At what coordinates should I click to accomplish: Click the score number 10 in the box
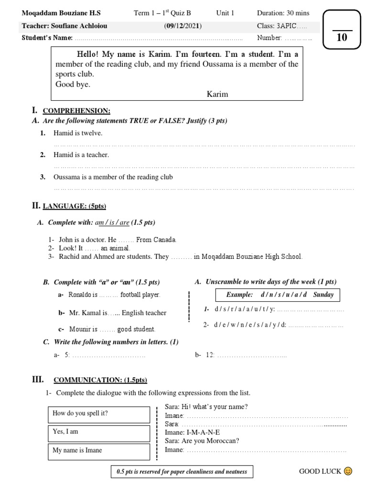pyautogui.click(x=342, y=38)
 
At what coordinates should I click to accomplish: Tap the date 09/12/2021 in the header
pyautogui.click(x=183, y=26)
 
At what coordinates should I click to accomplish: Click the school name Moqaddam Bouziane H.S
pyautogui.click(x=62, y=13)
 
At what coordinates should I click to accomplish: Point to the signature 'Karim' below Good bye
pyautogui.click(x=217, y=94)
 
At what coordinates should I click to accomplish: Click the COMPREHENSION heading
pyautogui.click(x=76, y=111)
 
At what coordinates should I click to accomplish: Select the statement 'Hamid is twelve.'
pyautogui.click(x=78, y=133)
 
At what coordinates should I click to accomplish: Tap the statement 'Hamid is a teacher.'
pyautogui.click(x=81, y=155)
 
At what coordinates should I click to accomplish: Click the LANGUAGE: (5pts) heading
pyautogui.click(x=74, y=206)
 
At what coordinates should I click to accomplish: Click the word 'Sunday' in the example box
pyautogui.click(x=324, y=295)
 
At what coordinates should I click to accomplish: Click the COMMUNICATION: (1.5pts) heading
pyautogui.click(x=100, y=380)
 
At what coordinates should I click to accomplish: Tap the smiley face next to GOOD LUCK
pyautogui.click(x=348, y=472)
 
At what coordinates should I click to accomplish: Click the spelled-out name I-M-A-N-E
pyautogui.click(x=204, y=432)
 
